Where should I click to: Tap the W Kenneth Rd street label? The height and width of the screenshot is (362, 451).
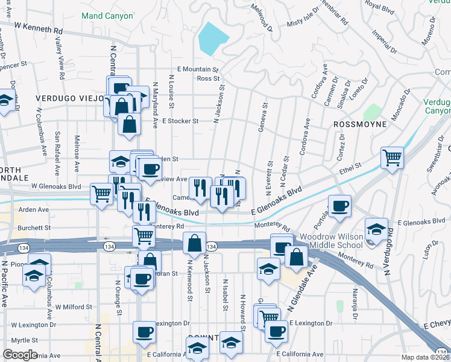pyautogui.click(x=39, y=28)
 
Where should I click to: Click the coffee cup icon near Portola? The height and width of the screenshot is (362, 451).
pyautogui.click(x=339, y=206)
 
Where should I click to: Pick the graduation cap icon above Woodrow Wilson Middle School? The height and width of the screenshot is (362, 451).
pyautogui.click(x=377, y=229)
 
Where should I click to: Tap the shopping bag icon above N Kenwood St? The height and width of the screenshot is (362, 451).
pyautogui.click(x=194, y=243)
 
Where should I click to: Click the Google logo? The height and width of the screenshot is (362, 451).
pyautogui.click(x=20, y=354)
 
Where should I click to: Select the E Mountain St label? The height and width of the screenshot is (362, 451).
pyautogui.click(x=197, y=69)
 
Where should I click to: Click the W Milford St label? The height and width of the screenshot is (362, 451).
pyautogui.click(x=74, y=306)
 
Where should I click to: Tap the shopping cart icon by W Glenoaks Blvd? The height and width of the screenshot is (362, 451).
pyautogui.click(x=101, y=194)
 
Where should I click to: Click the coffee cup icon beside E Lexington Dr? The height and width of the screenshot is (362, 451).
pyautogui.click(x=276, y=330)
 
